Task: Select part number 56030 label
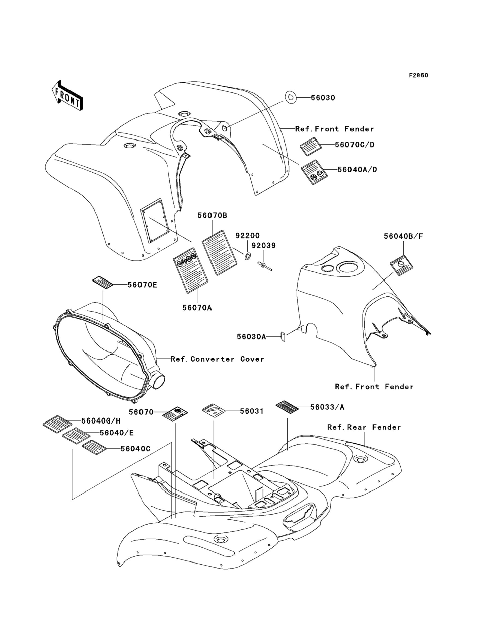click(x=323, y=98)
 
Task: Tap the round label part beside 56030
click(x=290, y=98)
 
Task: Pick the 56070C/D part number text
click(x=355, y=145)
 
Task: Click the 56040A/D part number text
click(x=357, y=170)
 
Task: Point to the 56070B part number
click(x=212, y=216)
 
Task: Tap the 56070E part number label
click(x=142, y=285)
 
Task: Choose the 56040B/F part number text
click(x=404, y=236)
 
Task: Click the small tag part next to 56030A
click(x=283, y=336)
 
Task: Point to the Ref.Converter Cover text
click(x=217, y=359)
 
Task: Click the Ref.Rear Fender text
click(x=364, y=428)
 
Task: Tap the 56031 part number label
click(x=251, y=411)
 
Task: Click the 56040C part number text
click(x=135, y=449)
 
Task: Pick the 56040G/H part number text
click(x=101, y=421)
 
